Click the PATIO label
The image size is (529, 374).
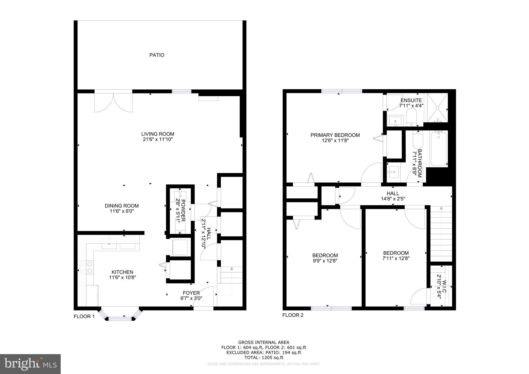[x=157, y=55]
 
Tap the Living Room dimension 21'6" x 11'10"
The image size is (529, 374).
[x=158, y=139]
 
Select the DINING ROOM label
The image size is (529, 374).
[x=122, y=206]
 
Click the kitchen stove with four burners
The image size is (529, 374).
[x=87, y=267]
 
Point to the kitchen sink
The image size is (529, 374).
[x=109, y=243]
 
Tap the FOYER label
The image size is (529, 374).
[x=191, y=293]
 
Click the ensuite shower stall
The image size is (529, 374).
[x=438, y=108]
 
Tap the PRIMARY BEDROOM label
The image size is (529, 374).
[x=335, y=135]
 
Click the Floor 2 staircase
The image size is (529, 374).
[x=441, y=234]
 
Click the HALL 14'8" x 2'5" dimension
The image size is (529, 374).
[x=393, y=199]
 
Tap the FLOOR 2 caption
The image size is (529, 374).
[x=293, y=315]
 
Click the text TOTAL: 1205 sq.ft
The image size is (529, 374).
[x=264, y=358]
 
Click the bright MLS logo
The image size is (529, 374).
[x=30, y=364]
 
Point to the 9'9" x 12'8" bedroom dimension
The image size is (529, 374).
[x=325, y=261]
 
